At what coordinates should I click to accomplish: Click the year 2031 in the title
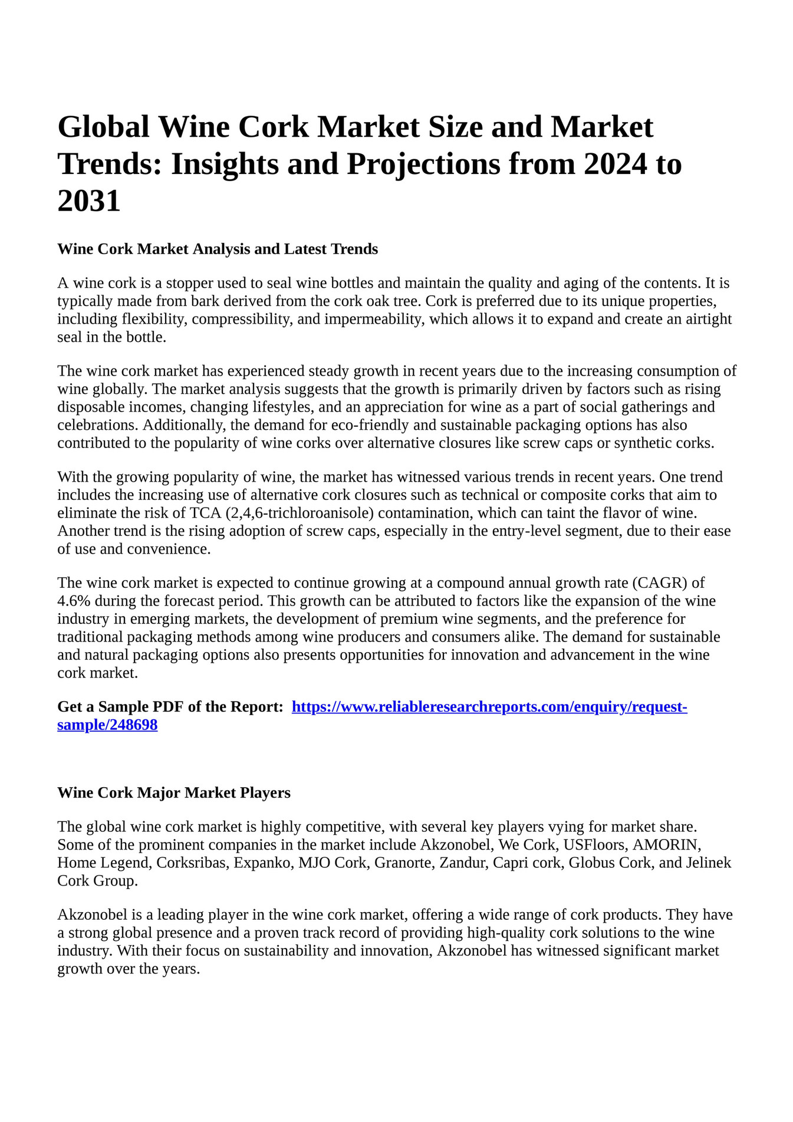[89, 201]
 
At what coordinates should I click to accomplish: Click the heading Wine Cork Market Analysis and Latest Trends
[218, 249]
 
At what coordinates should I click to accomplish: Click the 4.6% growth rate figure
[74, 601]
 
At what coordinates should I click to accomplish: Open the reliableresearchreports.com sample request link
[489, 707]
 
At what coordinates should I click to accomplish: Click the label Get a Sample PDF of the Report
[170, 707]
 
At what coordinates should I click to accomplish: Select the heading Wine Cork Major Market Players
[174, 793]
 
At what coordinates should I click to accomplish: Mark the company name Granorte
[403, 863]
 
